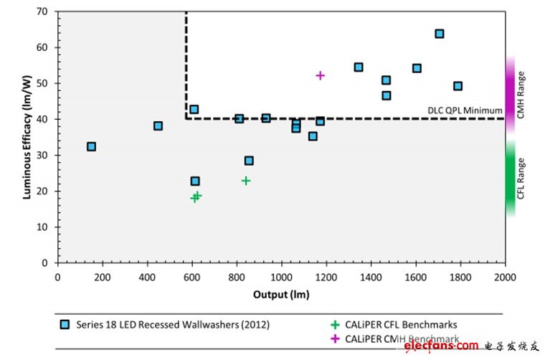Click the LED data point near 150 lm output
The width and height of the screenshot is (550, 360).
tap(91, 146)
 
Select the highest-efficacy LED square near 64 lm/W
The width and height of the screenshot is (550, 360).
tap(440, 34)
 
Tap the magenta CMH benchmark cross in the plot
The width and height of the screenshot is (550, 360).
tap(321, 75)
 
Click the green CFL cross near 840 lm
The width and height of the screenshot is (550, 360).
tap(246, 181)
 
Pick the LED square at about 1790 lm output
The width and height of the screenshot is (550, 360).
tap(457, 86)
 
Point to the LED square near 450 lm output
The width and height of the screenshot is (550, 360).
tap(158, 125)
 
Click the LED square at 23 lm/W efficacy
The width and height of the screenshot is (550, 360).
tap(195, 181)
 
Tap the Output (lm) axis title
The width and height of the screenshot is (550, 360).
tap(281, 294)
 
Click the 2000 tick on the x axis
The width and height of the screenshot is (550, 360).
tap(505, 277)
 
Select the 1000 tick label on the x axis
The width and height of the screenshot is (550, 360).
tap(281, 277)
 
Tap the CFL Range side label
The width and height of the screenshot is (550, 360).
tap(522, 178)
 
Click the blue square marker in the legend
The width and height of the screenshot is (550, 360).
tap(67, 325)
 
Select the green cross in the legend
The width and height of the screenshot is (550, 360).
tap(335, 324)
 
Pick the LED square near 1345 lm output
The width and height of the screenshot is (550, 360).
tap(359, 67)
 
